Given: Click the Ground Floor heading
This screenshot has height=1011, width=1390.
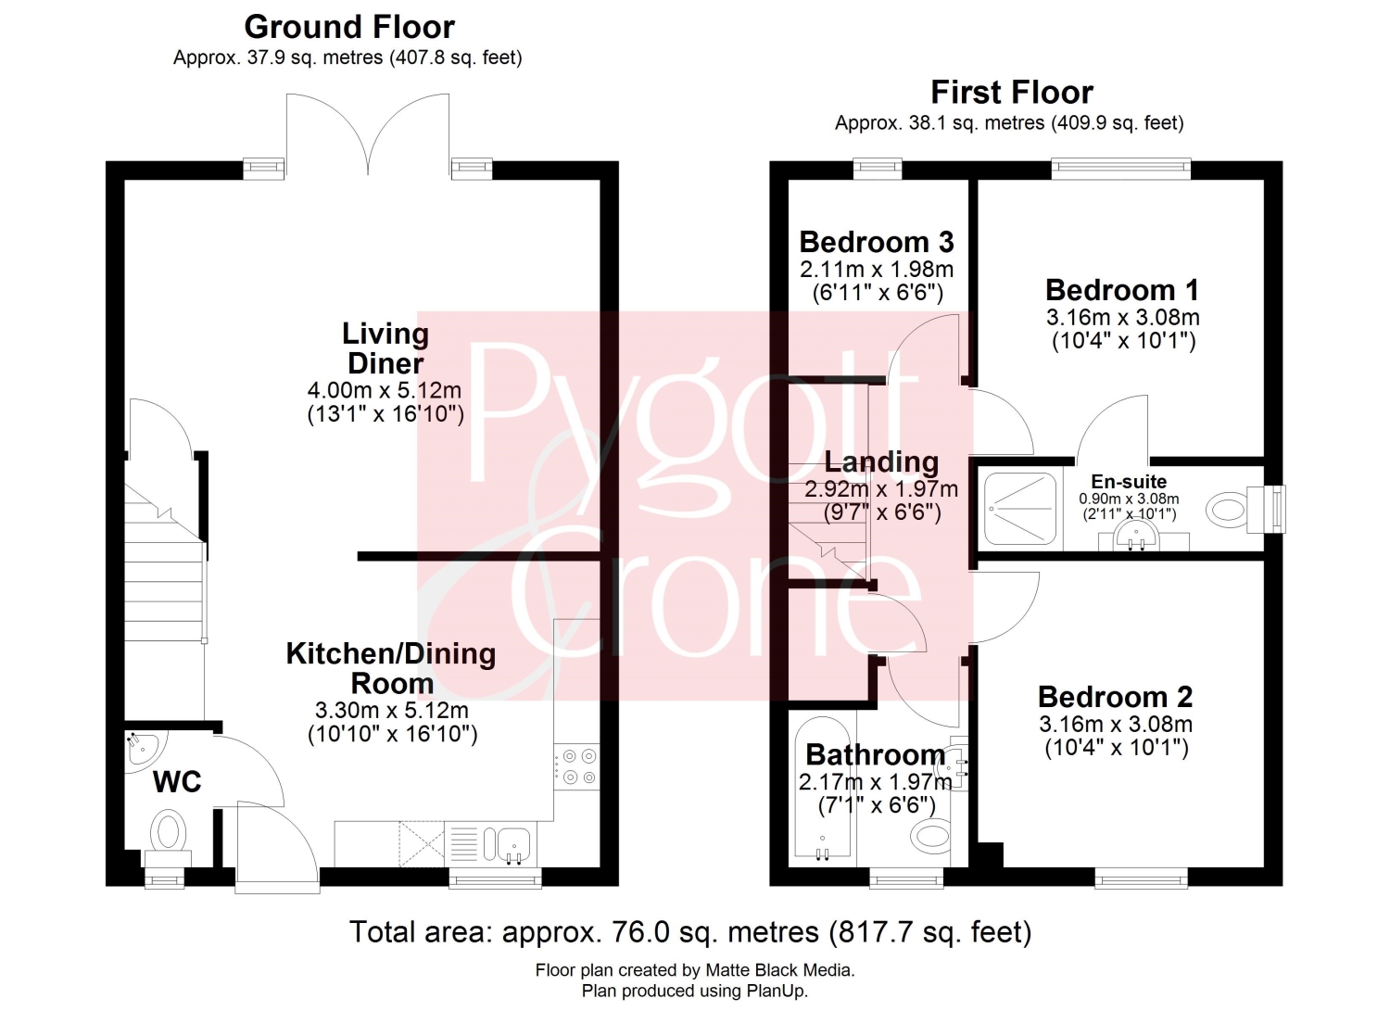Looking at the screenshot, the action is (349, 27).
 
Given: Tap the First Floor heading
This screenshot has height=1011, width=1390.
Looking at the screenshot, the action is (1012, 93).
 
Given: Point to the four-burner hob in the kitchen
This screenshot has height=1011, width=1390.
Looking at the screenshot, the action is (576, 766).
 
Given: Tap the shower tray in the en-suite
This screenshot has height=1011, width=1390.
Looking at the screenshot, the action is (1020, 509).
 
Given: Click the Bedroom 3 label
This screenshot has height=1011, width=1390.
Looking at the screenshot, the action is (877, 242).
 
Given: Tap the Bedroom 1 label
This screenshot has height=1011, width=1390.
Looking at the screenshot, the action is (1122, 290).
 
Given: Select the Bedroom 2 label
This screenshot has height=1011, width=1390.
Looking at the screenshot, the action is (1115, 697).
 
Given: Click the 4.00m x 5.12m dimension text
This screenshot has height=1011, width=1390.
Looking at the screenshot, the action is (385, 390).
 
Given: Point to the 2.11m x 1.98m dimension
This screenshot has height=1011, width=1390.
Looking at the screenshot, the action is (877, 270).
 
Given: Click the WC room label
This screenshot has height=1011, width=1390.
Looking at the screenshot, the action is (178, 782).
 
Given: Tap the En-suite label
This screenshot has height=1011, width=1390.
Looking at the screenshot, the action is (1129, 481).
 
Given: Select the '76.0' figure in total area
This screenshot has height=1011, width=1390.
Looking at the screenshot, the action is (631, 932).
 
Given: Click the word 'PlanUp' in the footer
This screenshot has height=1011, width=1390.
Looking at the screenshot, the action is (778, 992).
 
